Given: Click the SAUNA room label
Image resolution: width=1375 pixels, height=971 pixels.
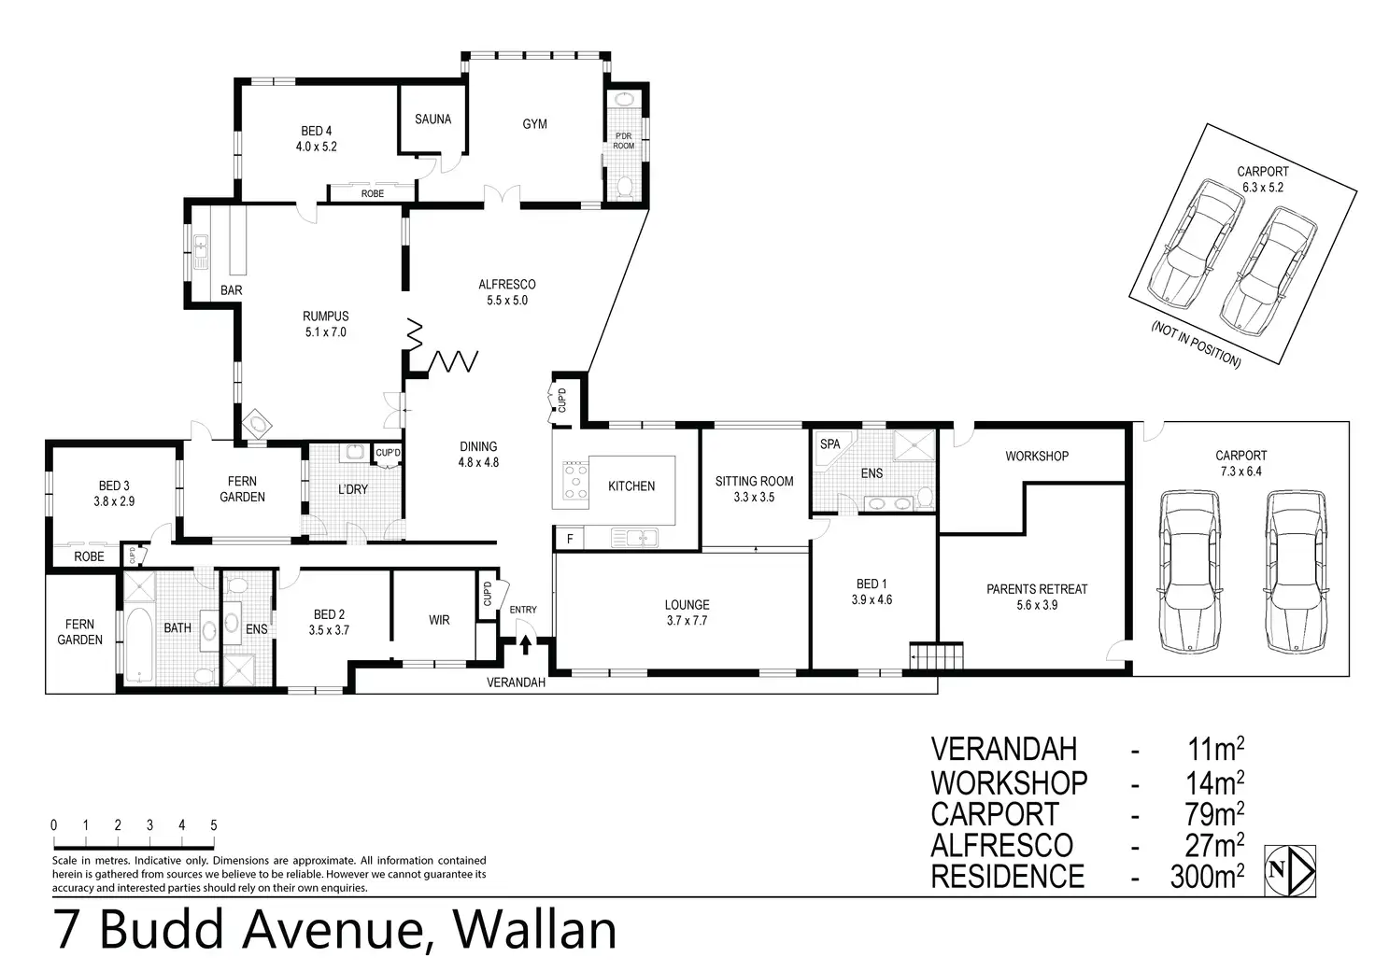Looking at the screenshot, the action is (432, 120).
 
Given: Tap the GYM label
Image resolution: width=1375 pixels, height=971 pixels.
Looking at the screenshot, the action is (534, 124).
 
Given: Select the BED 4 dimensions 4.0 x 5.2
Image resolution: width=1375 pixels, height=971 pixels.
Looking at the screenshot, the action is (316, 147).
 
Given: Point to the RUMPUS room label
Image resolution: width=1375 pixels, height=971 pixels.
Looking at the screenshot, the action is (325, 317).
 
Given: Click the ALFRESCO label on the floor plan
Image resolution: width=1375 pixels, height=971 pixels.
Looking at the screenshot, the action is (506, 285).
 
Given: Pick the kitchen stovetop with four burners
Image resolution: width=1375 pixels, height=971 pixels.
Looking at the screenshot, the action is (575, 481).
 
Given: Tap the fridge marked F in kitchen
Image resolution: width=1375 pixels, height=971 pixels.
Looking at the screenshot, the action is (569, 539).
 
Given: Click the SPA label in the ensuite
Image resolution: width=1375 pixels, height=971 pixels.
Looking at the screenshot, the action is (829, 444).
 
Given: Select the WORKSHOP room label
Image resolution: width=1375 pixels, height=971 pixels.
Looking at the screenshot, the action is (1036, 457).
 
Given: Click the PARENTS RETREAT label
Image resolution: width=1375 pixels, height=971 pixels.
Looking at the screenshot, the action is (1037, 589).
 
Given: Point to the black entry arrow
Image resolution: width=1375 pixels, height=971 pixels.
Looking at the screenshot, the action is (525, 643).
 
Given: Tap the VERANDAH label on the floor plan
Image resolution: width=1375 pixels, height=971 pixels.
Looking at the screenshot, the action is (516, 683).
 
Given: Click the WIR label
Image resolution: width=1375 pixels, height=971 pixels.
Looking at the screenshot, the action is (438, 620).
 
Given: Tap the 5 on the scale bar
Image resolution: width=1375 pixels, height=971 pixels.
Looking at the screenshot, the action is (214, 825).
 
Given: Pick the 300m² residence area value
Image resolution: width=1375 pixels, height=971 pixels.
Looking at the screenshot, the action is (1206, 877).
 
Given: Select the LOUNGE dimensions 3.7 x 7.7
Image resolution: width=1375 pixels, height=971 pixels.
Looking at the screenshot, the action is (687, 621).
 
